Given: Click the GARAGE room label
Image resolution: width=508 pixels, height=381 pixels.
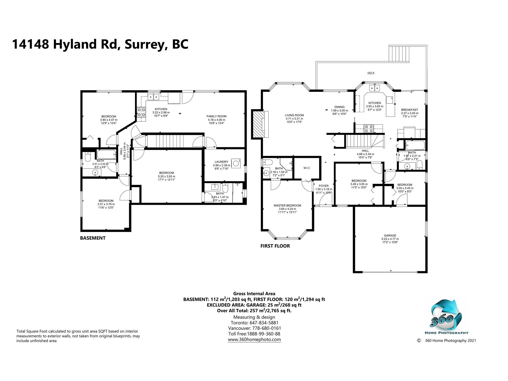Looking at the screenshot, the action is tap(390, 236).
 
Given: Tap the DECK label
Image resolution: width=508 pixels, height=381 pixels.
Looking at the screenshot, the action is tap(371, 73).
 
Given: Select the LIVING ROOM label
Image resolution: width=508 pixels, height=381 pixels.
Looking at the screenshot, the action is tap(294, 115).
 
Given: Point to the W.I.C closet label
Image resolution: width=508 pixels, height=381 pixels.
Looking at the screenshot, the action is tap(307, 168).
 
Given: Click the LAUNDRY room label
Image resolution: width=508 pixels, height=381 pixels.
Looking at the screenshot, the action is tap(221, 162).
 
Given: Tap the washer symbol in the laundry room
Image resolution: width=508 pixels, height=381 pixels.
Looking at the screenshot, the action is tap(236, 163).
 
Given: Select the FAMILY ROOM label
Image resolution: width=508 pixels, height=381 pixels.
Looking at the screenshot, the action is tap(217, 116).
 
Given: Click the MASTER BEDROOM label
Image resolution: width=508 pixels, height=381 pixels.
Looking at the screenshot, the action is tap(287, 205).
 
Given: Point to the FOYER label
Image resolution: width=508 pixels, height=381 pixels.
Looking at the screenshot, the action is tap(324, 186).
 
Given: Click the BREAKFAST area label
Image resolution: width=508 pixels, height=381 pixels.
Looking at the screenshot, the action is tap(410, 110).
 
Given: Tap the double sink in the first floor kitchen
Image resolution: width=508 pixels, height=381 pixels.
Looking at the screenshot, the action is tap(374, 88).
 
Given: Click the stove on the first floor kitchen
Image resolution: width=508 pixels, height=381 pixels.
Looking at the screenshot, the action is tap(368, 129).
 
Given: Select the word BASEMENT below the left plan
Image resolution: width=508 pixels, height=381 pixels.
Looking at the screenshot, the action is tap(93, 238).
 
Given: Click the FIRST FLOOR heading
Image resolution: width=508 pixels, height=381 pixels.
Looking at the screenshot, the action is tap(275, 246).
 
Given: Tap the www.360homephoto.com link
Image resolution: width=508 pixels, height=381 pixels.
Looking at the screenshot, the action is tap(254, 340).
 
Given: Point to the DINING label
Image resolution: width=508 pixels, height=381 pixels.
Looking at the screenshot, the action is tap(339, 107).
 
